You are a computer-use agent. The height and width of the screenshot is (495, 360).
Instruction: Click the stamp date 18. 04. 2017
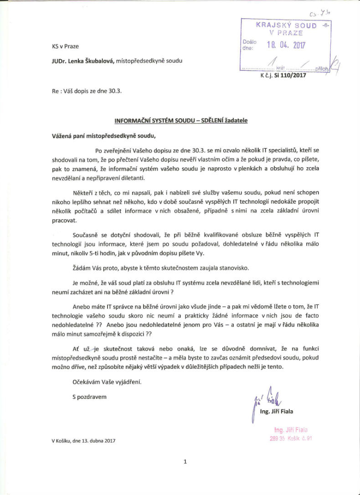tap(286, 45)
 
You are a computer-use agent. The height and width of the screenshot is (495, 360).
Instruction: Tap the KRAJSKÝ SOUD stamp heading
tap(286, 26)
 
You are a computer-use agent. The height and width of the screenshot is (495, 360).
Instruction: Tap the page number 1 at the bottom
tap(185, 462)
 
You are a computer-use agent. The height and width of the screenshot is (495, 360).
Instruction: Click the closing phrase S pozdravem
tap(89, 397)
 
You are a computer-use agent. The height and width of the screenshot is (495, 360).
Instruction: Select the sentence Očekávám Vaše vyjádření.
tap(107, 382)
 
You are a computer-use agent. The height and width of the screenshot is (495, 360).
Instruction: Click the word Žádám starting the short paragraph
tap(83, 268)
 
